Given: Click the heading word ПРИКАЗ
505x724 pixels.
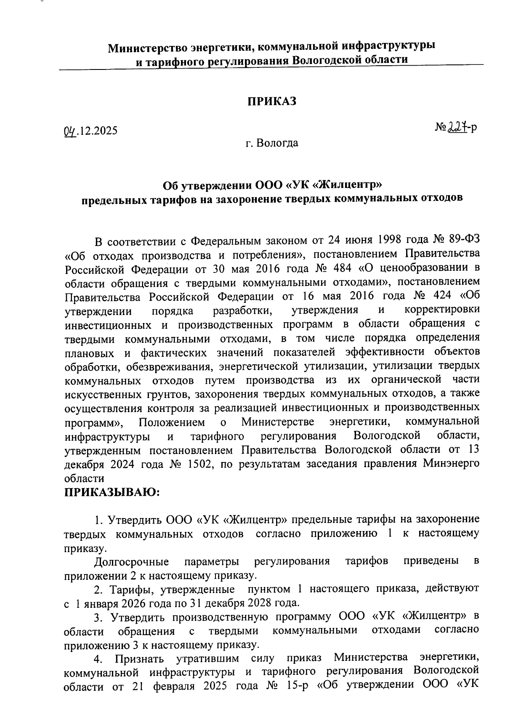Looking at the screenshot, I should [271, 102].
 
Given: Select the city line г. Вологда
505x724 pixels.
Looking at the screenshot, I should [272, 143].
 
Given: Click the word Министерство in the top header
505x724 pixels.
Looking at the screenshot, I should [146, 48].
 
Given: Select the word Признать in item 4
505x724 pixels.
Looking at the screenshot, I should [141, 658].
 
